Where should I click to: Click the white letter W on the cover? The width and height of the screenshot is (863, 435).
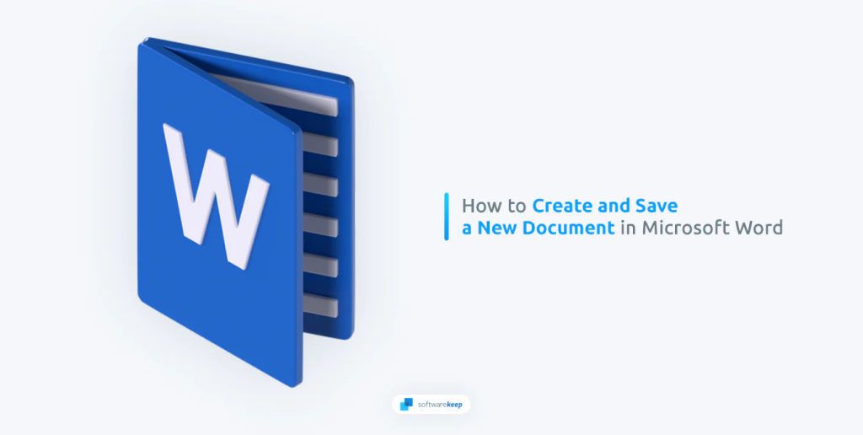click(x=215, y=194)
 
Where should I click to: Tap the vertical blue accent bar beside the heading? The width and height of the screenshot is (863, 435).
click(x=447, y=217)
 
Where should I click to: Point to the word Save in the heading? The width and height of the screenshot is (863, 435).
click(x=658, y=206)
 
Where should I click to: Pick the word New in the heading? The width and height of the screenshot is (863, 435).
click(x=495, y=228)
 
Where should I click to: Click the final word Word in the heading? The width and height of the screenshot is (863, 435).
click(x=756, y=228)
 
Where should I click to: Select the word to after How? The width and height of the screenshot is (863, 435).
click(x=517, y=207)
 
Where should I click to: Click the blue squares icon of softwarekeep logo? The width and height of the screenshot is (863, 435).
click(x=406, y=404)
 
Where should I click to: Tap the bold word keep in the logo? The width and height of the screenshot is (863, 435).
click(x=452, y=405)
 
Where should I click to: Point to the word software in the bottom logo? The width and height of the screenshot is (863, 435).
click(x=429, y=404)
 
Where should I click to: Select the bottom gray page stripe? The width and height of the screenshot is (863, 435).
click(x=319, y=304)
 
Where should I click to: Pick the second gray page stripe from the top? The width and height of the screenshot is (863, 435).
click(x=319, y=144)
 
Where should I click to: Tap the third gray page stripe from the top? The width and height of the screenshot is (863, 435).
click(x=319, y=185)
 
